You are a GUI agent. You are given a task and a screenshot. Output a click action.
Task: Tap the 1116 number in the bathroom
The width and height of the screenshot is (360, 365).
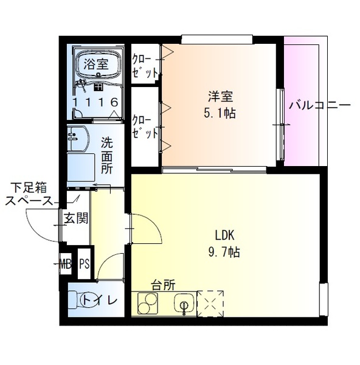click(96, 102)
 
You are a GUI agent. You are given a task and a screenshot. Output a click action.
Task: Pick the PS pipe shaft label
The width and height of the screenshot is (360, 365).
click(84, 264)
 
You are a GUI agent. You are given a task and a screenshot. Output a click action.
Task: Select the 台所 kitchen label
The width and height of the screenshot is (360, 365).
click(164, 284)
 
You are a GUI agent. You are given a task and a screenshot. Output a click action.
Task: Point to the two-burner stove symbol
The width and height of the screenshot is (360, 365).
click(148, 302)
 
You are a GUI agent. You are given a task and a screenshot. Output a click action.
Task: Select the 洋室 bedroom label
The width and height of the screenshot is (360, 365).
click(221, 97)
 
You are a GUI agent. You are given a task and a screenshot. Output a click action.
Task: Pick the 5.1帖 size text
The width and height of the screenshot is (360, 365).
click(221, 113)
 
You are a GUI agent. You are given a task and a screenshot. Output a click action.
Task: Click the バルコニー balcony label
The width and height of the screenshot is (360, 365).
click(319, 105)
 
